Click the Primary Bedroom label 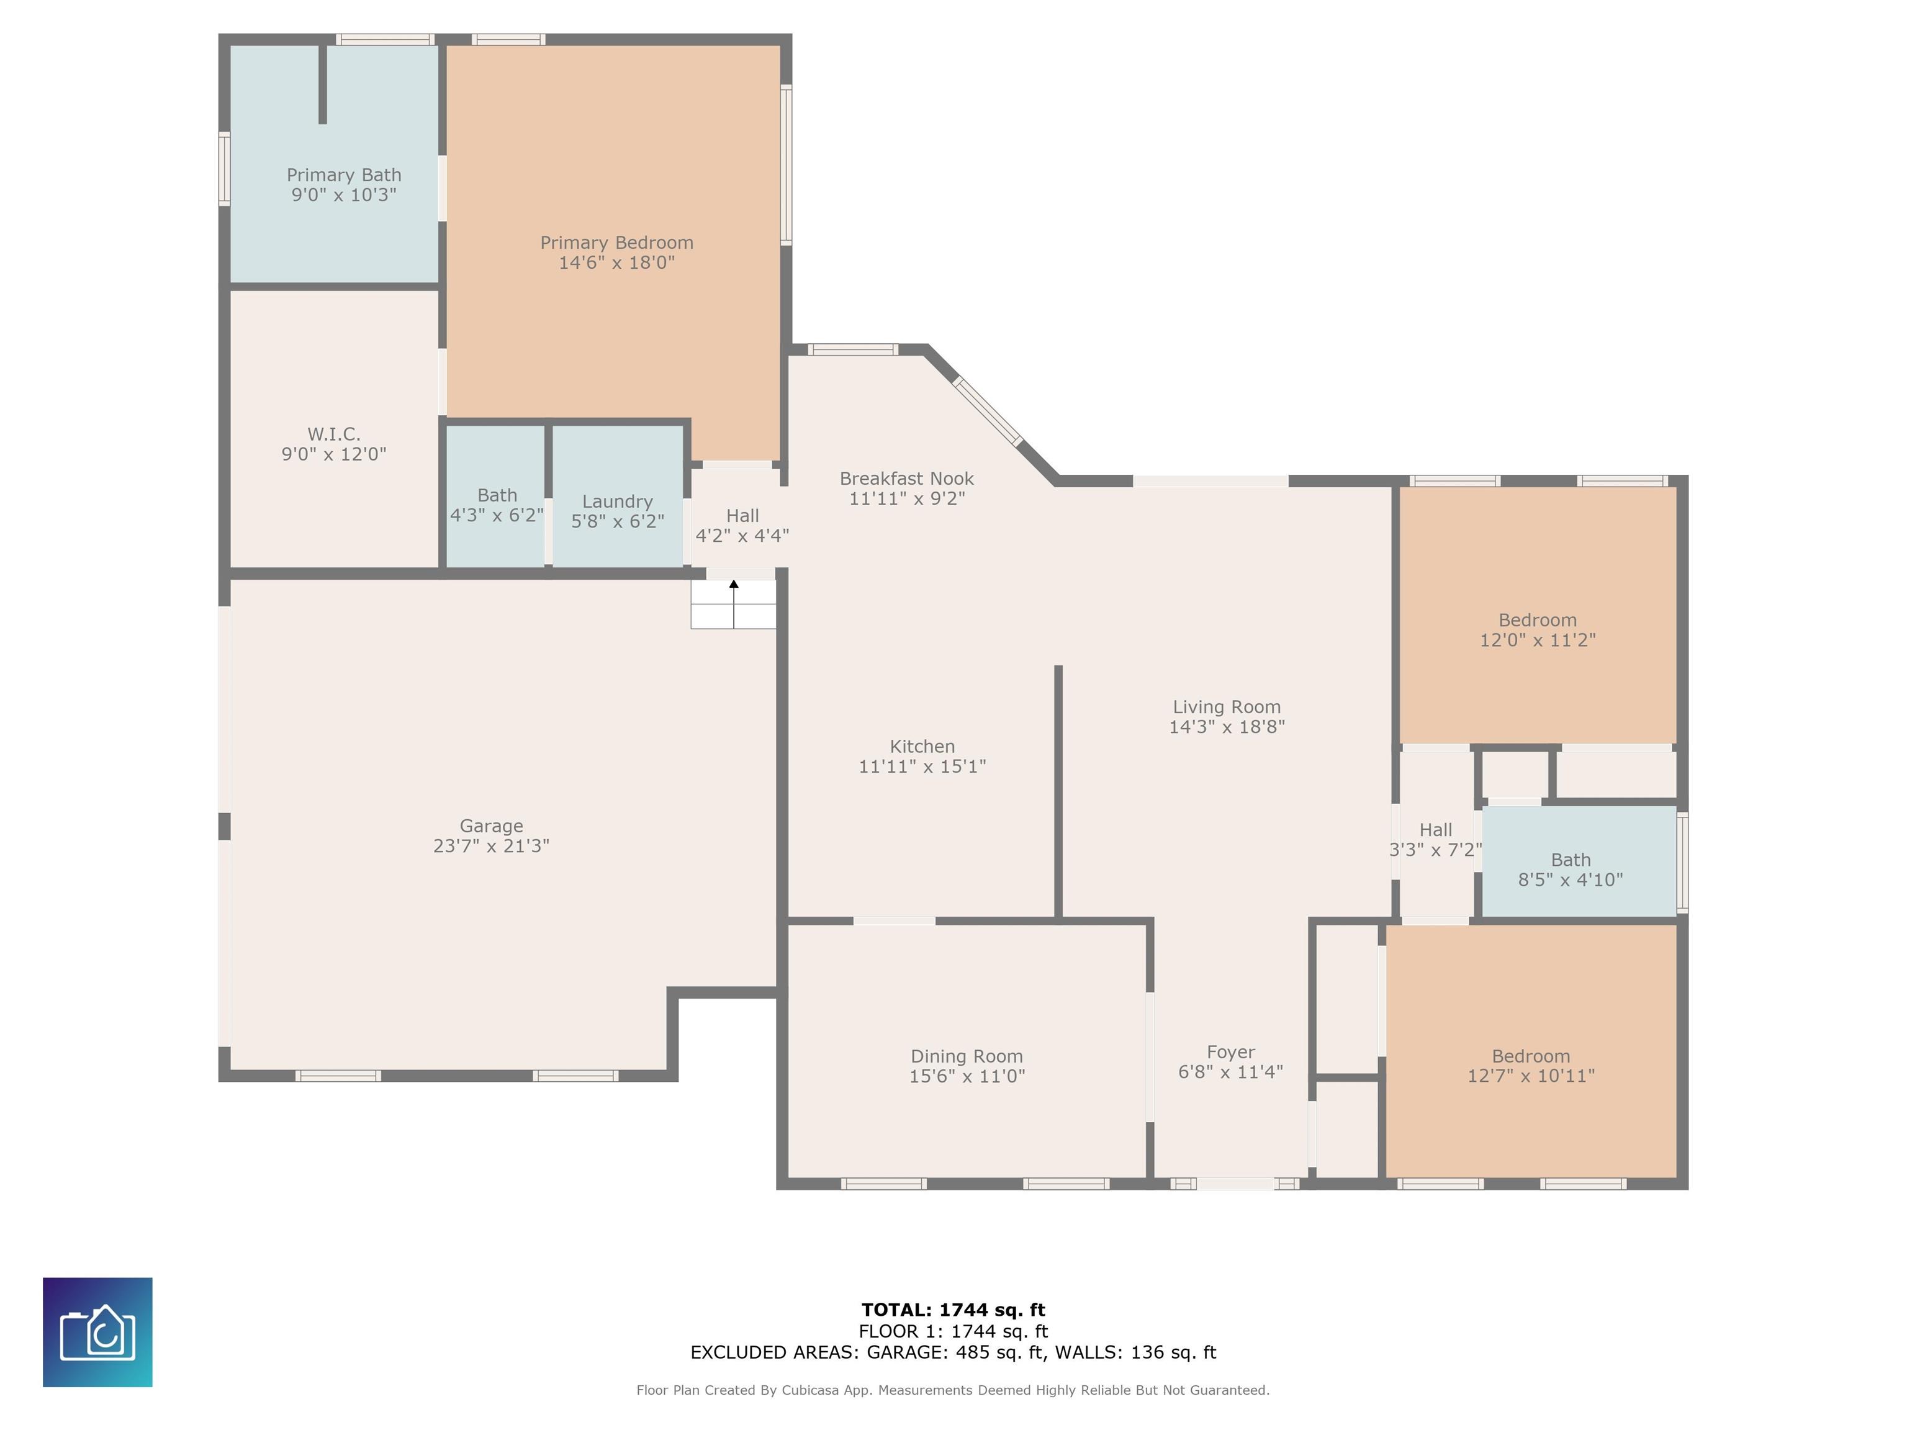[616, 243]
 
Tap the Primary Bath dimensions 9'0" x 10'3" [344, 195]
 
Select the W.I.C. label [333, 434]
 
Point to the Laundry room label [617, 501]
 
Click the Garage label [492, 825]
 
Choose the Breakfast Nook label [907, 479]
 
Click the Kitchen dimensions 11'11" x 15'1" [922, 767]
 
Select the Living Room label [1227, 707]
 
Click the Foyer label [1231, 1053]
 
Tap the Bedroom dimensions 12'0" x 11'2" [1538, 641]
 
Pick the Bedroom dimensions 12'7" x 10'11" [1531, 1076]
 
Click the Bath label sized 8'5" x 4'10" [1571, 860]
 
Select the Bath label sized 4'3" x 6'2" [497, 496]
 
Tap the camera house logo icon [97, 1333]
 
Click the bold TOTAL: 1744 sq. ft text [953, 1310]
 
